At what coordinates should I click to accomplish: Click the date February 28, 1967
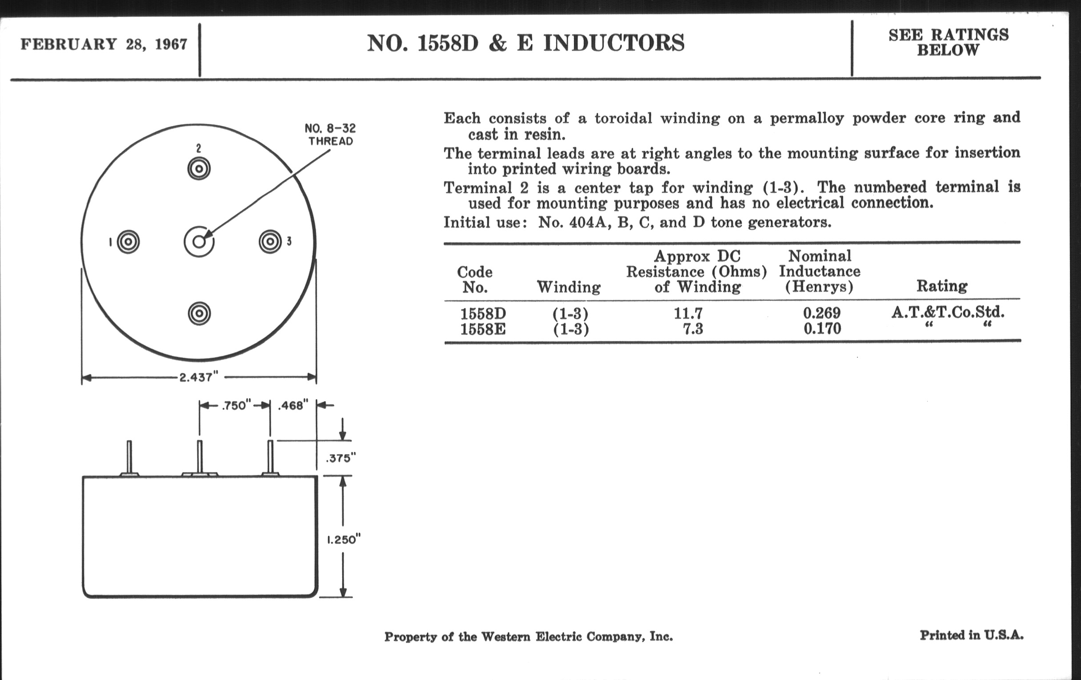click(104, 44)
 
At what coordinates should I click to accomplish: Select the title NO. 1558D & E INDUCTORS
click(526, 43)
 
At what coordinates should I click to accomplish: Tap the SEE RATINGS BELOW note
click(948, 42)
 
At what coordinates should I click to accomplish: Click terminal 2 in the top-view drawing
click(199, 169)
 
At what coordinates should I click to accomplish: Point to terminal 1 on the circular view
click(128, 242)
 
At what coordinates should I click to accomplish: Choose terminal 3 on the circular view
click(270, 241)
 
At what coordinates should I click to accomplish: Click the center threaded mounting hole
click(199, 242)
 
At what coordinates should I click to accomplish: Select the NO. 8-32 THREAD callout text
click(330, 135)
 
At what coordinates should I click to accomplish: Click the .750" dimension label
click(234, 405)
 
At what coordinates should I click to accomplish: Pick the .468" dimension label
click(293, 405)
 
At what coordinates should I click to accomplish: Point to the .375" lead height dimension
click(340, 458)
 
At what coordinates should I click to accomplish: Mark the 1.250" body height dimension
click(344, 540)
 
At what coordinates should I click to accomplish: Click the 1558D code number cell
click(483, 313)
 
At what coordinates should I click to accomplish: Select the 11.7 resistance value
click(688, 313)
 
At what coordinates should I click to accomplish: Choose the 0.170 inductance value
click(822, 329)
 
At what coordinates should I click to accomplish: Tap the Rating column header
click(942, 286)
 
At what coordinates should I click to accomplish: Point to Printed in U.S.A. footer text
click(972, 635)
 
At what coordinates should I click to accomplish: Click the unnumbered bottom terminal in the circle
click(199, 313)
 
